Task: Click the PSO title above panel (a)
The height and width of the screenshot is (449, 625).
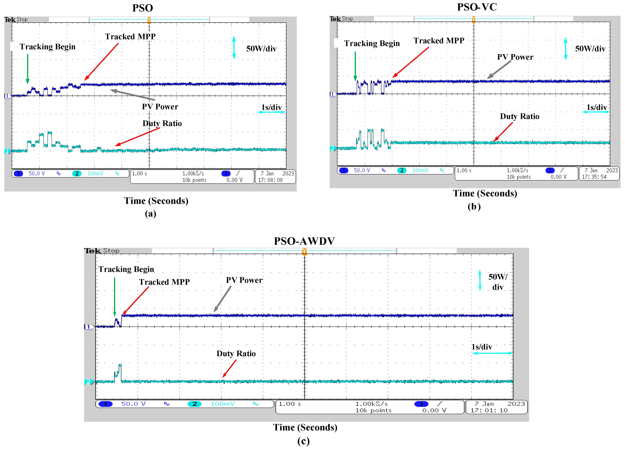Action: pyautogui.click(x=143, y=8)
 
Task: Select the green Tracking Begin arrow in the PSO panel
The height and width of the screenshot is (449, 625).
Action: pyautogui.click(x=27, y=69)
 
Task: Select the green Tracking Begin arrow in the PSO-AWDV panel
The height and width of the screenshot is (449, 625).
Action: pyautogui.click(x=115, y=297)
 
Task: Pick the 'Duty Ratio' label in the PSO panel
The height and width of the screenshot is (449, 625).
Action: pyautogui.click(x=162, y=123)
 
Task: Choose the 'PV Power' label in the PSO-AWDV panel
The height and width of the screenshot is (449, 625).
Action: pyautogui.click(x=244, y=280)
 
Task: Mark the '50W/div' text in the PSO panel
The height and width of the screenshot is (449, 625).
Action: pyautogui.click(x=261, y=49)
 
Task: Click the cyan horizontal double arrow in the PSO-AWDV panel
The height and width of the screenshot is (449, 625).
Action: pyautogui.click(x=492, y=353)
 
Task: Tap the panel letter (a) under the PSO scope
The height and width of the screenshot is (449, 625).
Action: pyautogui.click(x=150, y=214)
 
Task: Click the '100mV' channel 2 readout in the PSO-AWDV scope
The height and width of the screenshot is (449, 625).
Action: pyautogui.click(x=222, y=404)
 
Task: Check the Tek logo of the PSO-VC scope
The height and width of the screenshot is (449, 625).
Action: pyautogui.click(x=335, y=19)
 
